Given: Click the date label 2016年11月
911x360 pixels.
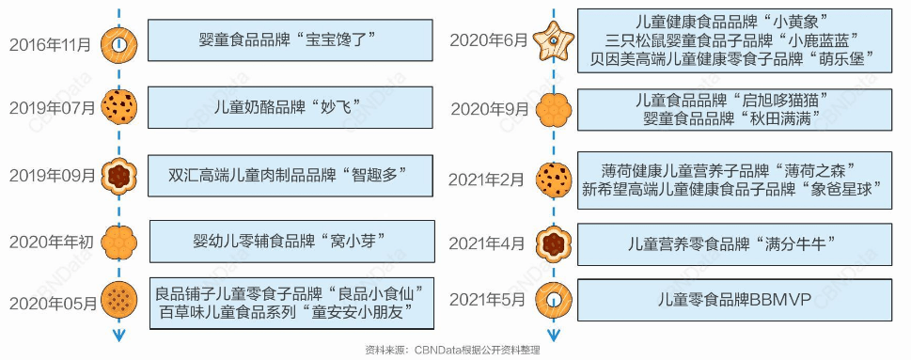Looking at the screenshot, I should click(51, 45).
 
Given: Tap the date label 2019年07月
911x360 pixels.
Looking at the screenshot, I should click(52, 107).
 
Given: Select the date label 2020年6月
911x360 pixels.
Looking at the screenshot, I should click(489, 40).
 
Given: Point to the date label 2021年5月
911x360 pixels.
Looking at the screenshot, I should click(488, 301).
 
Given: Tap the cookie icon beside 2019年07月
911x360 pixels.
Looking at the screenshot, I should click(119, 107).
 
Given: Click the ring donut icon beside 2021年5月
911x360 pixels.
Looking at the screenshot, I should click(551, 301).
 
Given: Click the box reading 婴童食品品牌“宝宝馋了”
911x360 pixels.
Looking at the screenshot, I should click(289, 40).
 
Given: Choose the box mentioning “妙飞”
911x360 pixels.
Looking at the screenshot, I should click(289, 106).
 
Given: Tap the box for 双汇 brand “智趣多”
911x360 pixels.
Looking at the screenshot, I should click(289, 175).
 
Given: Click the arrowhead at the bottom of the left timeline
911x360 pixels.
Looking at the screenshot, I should click(118, 337).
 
